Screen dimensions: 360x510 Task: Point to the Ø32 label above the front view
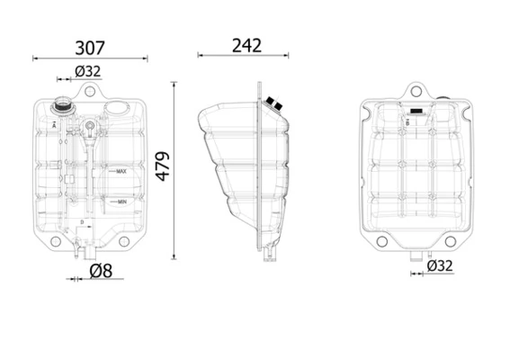tap(87, 71)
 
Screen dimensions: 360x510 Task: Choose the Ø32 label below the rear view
tap(439, 266)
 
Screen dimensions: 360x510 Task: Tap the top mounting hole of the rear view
tap(416, 90)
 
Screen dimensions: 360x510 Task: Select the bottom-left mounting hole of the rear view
tap(381, 241)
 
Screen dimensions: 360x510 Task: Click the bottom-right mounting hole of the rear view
tap(450, 241)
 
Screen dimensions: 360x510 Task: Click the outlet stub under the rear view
tap(416, 259)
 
